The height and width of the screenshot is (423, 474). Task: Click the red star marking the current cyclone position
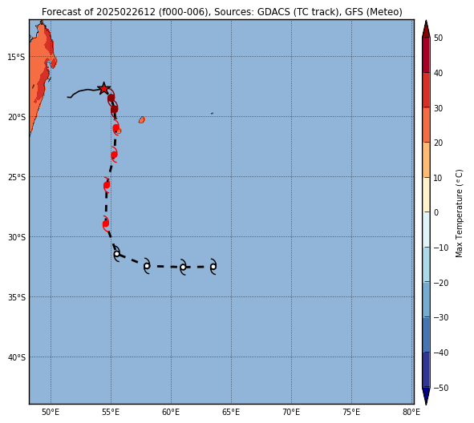click(103, 88)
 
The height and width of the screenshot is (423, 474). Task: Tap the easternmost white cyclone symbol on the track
click(213, 267)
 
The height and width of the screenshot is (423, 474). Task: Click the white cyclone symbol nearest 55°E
click(116, 254)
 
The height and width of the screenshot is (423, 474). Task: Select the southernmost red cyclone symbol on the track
click(106, 224)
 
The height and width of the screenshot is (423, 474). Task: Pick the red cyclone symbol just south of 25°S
click(107, 185)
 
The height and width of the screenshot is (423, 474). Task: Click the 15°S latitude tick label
click(16, 57)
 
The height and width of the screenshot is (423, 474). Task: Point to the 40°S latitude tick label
click(16, 357)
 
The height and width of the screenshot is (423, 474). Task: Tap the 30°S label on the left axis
click(16, 237)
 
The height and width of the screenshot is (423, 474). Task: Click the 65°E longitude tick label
click(231, 412)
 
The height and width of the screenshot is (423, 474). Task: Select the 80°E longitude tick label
click(411, 412)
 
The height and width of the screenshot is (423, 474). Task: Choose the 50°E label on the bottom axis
click(51, 412)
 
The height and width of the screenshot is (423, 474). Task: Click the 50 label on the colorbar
click(438, 38)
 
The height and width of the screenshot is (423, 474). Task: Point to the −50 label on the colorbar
click(441, 388)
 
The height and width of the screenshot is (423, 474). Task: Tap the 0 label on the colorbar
click(436, 212)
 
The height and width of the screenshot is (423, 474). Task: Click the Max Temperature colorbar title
click(459, 213)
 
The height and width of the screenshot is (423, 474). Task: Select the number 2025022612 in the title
click(126, 12)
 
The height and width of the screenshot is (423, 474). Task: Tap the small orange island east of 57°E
click(142, 120)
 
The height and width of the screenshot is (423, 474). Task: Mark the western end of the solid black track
click(67, 97)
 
